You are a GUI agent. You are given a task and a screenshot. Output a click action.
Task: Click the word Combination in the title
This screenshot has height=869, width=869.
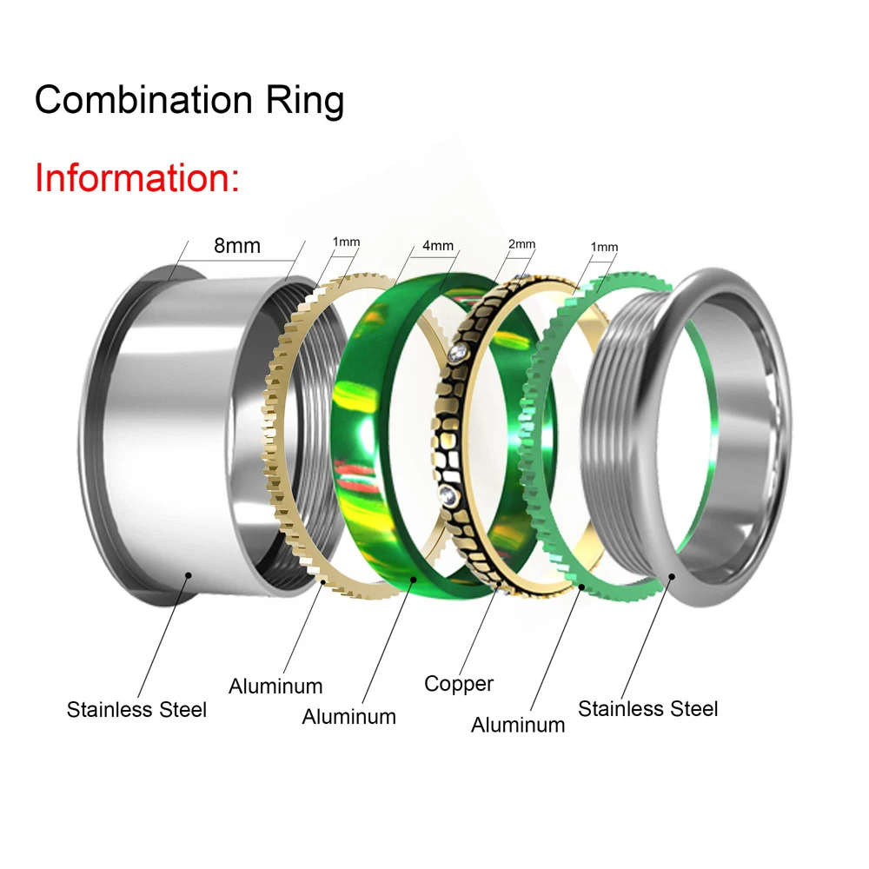[x=143, y=100]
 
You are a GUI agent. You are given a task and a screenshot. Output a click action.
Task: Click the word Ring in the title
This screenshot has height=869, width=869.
[x=305, y=101]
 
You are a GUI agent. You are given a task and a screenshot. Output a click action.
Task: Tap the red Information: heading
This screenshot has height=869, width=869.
[x=137, y=178]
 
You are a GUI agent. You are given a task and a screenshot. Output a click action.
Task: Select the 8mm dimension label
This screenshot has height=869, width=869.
[x=237, y=246]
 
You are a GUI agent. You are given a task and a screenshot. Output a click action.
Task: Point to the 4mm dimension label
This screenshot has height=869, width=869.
[x=438, y=246]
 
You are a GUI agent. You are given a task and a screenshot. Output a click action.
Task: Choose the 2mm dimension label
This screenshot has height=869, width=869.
[x=521, y=244]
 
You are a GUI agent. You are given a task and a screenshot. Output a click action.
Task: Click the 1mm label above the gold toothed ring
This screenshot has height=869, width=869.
[x=346, y=242]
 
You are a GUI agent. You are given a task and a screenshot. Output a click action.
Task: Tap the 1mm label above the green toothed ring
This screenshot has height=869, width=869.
[x=604, y=247]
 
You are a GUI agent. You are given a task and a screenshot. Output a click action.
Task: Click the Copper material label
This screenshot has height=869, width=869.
[x=458, y=685]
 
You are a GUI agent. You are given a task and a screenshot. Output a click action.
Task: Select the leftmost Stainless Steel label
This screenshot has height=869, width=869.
[x=136, y=709]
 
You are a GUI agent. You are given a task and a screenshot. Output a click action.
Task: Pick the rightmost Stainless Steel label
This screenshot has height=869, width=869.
[x=648, y=708]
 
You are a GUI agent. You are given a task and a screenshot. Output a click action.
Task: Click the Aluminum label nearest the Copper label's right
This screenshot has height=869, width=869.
[x=518, y=725]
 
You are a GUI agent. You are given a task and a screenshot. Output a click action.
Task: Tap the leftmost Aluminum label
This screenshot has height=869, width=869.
[x=275, y=687]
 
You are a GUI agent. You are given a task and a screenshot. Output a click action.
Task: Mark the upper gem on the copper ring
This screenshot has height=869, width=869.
[x=458, y=353]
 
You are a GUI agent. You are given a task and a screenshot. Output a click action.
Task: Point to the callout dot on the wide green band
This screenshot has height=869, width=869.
[x=414, y=579]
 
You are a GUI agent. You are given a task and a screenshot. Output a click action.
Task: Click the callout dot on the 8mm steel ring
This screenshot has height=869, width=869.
[x=189, y=575]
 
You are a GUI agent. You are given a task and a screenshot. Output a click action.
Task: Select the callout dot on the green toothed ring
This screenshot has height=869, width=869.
[x=581, y=587]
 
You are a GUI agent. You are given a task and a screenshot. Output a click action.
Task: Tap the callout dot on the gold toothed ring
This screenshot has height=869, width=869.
[x=323, y=582]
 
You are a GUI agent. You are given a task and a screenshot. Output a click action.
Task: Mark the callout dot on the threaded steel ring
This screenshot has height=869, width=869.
[x=672, y=577]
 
